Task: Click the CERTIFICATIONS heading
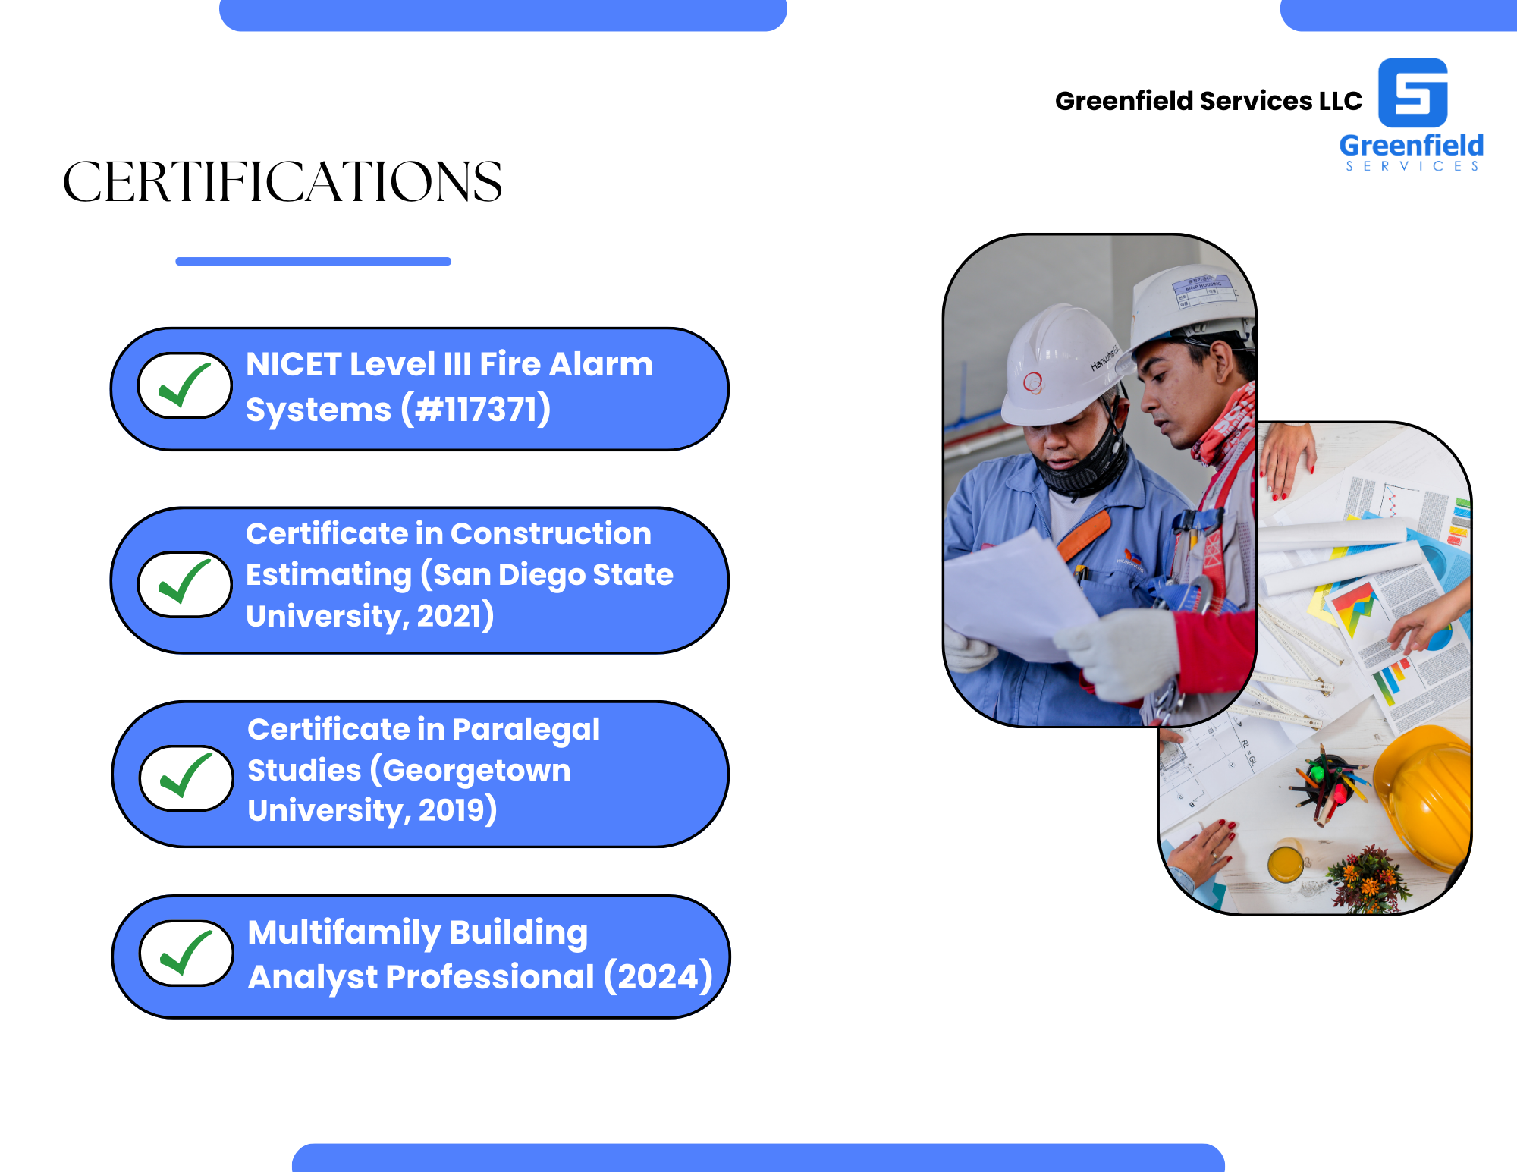point(282,182)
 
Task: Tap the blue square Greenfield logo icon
point(1412,93)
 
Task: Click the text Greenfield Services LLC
point(1208,101)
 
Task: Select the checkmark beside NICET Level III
point(184,385)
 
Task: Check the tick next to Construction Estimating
point(184,583)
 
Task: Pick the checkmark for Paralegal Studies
point(186,777)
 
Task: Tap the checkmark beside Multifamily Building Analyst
point(186,953)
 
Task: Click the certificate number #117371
point(476,410)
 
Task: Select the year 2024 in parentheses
point(658,976)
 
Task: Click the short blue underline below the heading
point(313,261)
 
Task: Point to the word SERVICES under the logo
point(1412,166)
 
